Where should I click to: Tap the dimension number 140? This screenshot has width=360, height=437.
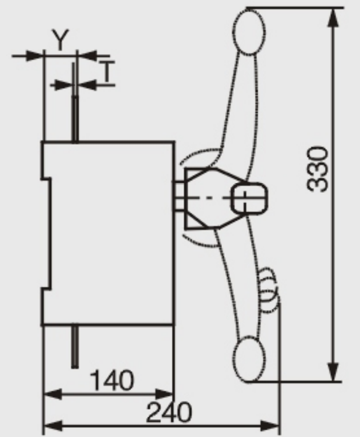112,380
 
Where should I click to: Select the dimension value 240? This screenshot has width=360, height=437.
169,412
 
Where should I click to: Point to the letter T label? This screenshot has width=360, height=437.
107,72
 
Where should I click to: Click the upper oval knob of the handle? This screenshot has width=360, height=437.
248,32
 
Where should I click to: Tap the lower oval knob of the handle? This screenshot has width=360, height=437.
248,359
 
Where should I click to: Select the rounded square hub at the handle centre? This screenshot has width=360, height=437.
249,198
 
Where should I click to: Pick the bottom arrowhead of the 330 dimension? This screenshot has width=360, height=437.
334,372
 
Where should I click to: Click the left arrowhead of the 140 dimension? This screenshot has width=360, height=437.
53,394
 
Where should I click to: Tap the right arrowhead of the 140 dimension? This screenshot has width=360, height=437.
165,394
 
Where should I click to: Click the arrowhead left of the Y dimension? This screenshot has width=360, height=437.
34,55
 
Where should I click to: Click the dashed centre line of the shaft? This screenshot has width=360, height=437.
211,198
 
